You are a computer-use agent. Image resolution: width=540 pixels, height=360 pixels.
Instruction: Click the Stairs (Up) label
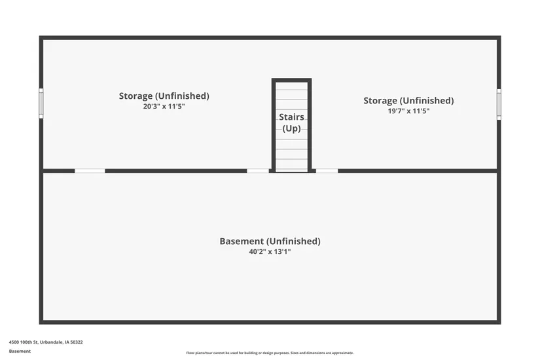pos(291,122)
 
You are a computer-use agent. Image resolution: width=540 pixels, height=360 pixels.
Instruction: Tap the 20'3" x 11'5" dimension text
pos(164,107)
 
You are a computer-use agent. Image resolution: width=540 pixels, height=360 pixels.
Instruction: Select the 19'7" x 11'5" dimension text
pos(408,111)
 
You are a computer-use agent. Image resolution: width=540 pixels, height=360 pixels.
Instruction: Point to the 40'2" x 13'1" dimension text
pos(270,252)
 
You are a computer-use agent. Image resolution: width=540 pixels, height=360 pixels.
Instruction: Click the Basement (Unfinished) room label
pos(270,241)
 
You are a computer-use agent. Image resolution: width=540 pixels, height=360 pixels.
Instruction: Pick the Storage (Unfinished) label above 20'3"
pos(164,96)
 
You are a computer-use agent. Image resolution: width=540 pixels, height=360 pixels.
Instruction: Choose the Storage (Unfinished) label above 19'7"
pos(408,101)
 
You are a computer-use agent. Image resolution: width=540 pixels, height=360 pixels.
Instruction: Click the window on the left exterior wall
pos(41,103)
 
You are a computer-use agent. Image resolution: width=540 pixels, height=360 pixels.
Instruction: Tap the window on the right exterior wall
pos(499,104)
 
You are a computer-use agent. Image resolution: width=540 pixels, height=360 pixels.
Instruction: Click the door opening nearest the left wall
pos(90,171)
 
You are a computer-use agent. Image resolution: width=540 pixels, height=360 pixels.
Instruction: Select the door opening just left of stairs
pos(258,171)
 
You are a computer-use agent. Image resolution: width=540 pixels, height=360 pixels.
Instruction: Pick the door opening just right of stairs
pos(327,171)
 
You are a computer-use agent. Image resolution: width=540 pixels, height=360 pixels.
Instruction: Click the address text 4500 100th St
pos(24,342)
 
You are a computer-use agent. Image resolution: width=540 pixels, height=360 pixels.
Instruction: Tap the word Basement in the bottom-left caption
pos(20,351)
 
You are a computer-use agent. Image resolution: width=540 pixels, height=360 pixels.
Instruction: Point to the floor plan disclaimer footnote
pos(270,353)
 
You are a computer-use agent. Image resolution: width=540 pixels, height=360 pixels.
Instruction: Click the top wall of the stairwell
pos(291,81)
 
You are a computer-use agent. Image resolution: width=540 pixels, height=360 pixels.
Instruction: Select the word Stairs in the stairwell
pos(291,117)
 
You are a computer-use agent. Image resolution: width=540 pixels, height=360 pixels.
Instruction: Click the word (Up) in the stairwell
pos(291,128)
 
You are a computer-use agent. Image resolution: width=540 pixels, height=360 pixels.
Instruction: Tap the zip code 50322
pos(77,342)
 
